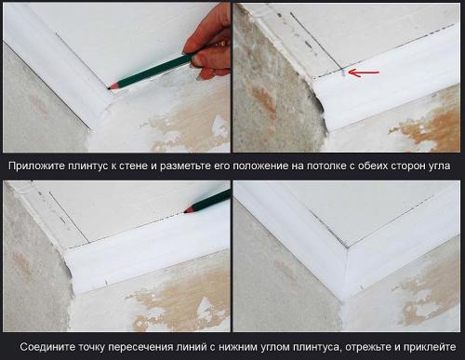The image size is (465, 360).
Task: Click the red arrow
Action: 365,72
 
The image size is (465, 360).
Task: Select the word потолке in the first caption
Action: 331,166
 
